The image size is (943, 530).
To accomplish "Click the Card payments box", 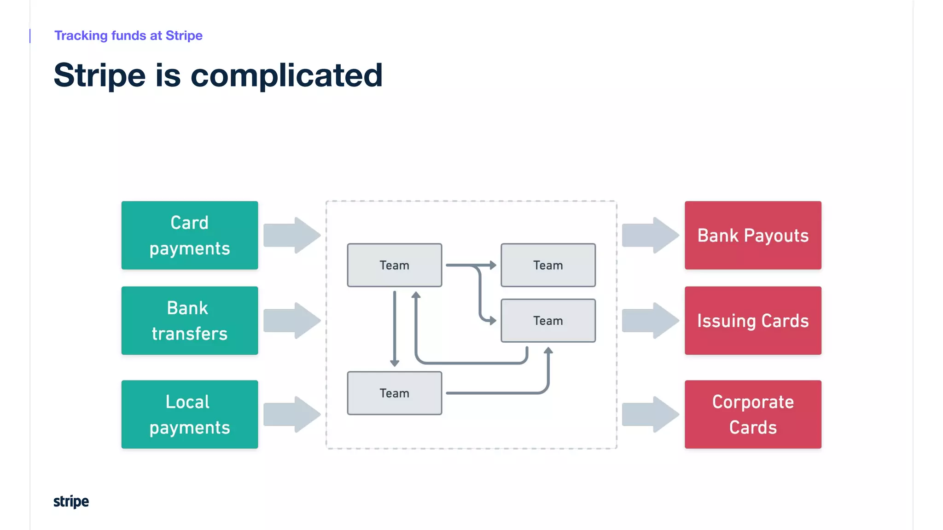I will pyautogui.click(x=189, y=235).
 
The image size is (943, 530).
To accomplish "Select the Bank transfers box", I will pyautogui.click(x=189, y=321).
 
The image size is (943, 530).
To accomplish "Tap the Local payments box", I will pyautogui.click(x=189, y=414).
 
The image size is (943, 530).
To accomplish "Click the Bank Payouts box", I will pyautogui.click(x=753, y=235).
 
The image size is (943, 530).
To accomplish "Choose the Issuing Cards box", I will pyautogui.click(x=753, y=321).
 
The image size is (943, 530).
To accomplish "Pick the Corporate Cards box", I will pyautogui.click(x=753, y=414).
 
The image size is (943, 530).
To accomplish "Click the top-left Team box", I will pyautogui.click(x=394, y=265).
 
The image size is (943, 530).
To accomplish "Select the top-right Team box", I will pyautogui.click(x=548, y=265).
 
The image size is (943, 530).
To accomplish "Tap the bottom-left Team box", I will pyautogui.click(x=394, y=393).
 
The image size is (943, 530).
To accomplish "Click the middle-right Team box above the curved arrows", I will pyautogui.click(x=548, y=321).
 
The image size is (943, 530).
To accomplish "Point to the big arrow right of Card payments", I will pyautogui.click(x=292, y=235).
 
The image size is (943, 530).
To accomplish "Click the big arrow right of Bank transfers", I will pyautogui.click(x=292, y=321).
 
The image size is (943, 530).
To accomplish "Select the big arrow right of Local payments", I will pyautogui.click(x=292, y=414).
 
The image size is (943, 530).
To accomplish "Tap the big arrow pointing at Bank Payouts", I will pyautogui.click(x=650, y=235).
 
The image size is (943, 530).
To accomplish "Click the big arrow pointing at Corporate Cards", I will pyautogui.click(x=650, y=414).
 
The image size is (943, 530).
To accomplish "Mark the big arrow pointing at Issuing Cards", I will pyautogui.click(x=650, y=321).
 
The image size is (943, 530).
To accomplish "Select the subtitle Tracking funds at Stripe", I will pyautogui.click(x=128, y=35).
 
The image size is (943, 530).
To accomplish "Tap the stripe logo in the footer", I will pyautogui.click(x=71, y=501).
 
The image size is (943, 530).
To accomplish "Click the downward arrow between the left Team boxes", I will pyautogui.click(x=395, y=329).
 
